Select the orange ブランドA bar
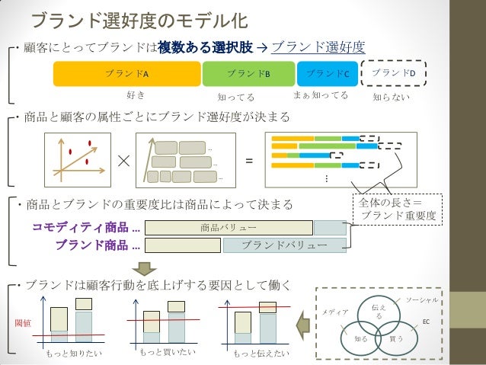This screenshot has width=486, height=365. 126,73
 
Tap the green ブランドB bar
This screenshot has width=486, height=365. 248,73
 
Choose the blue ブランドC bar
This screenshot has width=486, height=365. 327,73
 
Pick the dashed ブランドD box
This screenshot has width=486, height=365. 396,73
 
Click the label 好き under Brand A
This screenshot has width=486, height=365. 135,95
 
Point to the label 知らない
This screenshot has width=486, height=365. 391,98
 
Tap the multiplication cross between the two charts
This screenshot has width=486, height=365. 124,162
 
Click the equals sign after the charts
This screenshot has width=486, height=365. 248,161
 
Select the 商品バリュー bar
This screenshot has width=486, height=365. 229,227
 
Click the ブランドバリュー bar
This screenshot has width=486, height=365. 284,245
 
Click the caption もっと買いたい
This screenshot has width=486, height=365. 168,353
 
